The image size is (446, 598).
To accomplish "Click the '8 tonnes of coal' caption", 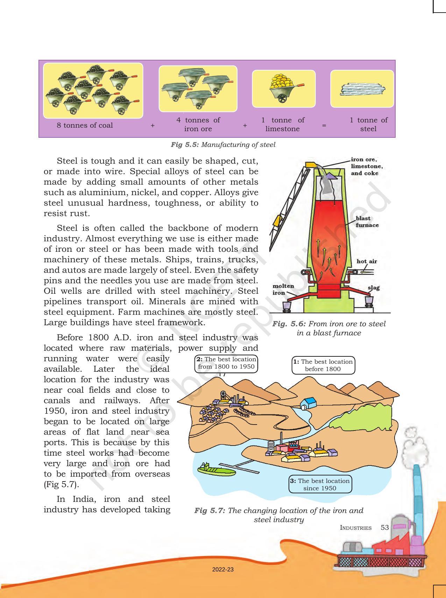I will [85, 125].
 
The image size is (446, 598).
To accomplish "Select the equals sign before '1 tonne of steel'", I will [324, 125].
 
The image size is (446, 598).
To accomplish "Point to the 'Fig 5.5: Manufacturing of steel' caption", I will [223, 144].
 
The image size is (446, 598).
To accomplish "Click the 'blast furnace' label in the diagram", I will [367, 222].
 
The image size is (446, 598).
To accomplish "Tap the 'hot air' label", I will [367, 261].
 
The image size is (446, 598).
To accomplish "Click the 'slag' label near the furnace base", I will [373, 287].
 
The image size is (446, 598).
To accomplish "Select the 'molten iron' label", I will [283, 289].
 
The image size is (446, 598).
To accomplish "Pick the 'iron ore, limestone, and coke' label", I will [367, 166].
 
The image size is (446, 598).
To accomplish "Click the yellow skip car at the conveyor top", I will [310, 164].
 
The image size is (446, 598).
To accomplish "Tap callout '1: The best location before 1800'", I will [323, 365].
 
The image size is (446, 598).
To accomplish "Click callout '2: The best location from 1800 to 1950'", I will [226, 363].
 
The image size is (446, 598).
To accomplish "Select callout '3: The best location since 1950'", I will [320, 484].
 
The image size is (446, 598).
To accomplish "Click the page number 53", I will [384, 527].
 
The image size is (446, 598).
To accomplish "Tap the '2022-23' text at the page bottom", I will [223, 569].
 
